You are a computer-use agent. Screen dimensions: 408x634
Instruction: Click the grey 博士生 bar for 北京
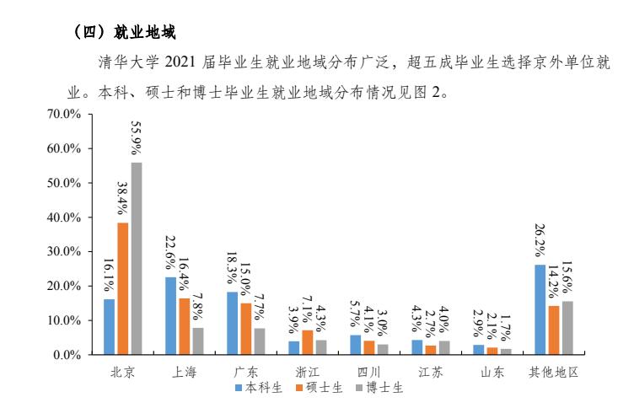tap(137, 258)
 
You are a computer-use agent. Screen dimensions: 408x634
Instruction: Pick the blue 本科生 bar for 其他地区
tap(540, 309)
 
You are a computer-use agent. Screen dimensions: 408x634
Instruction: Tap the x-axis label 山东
tap(492, 372)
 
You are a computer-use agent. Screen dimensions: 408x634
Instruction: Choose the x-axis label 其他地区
tap(553, 372)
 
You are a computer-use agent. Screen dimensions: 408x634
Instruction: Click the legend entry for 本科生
tap(258, 388)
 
